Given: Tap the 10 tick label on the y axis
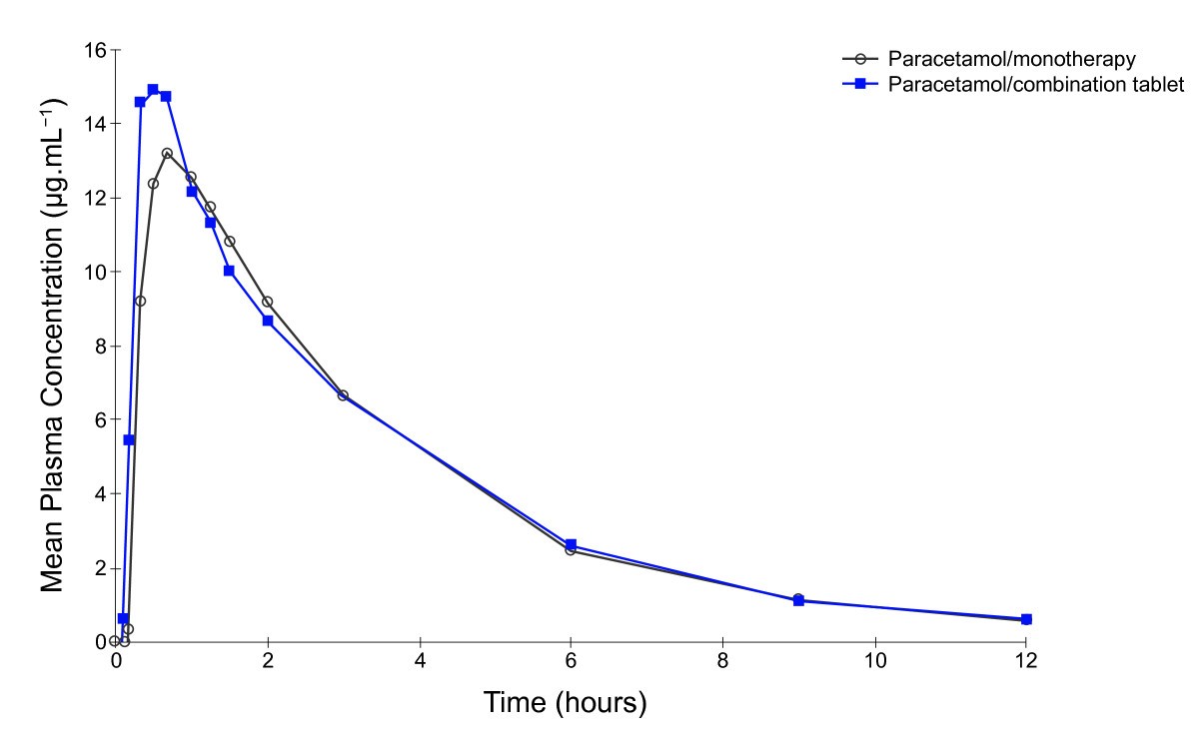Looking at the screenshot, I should point(97,272).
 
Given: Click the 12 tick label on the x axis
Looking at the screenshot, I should point(1025,661).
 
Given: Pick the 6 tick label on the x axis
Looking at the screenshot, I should point(571,661).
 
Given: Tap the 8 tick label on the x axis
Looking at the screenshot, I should point(722,661).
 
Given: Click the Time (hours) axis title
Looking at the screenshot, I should point(566,702).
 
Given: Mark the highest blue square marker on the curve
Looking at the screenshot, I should point(153,90).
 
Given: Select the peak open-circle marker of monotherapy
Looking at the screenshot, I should point(167,153).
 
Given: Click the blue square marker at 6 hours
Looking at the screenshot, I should point(571,544).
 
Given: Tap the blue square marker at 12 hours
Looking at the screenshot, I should point(1026,619).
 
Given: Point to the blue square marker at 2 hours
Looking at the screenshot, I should point(268,321).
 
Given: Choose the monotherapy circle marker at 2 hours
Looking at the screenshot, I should point(267,302).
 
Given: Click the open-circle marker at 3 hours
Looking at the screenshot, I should point(343,395).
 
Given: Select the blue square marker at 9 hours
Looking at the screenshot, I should point(798,601).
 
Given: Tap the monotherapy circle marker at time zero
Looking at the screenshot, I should point(115,641).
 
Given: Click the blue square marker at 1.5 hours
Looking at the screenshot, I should point(229,271).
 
